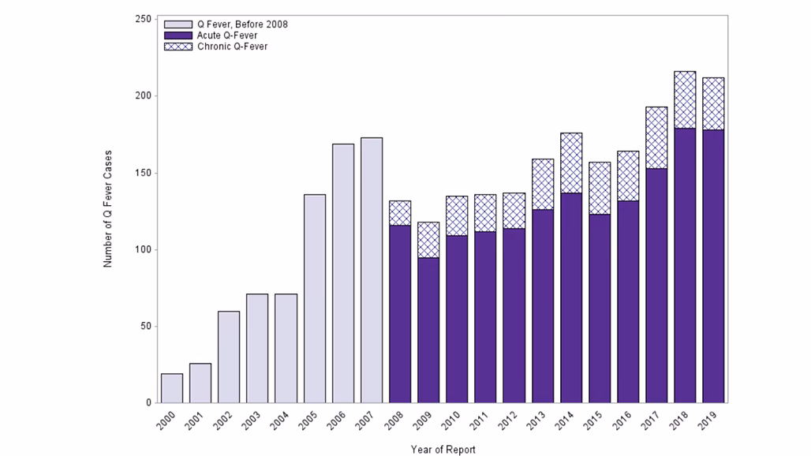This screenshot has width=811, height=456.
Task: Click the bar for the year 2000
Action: click(x=172, y=388)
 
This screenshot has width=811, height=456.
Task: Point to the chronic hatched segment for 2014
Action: click(x=571, y=163)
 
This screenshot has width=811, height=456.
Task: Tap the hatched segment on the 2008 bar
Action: click(x=400, y=213)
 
